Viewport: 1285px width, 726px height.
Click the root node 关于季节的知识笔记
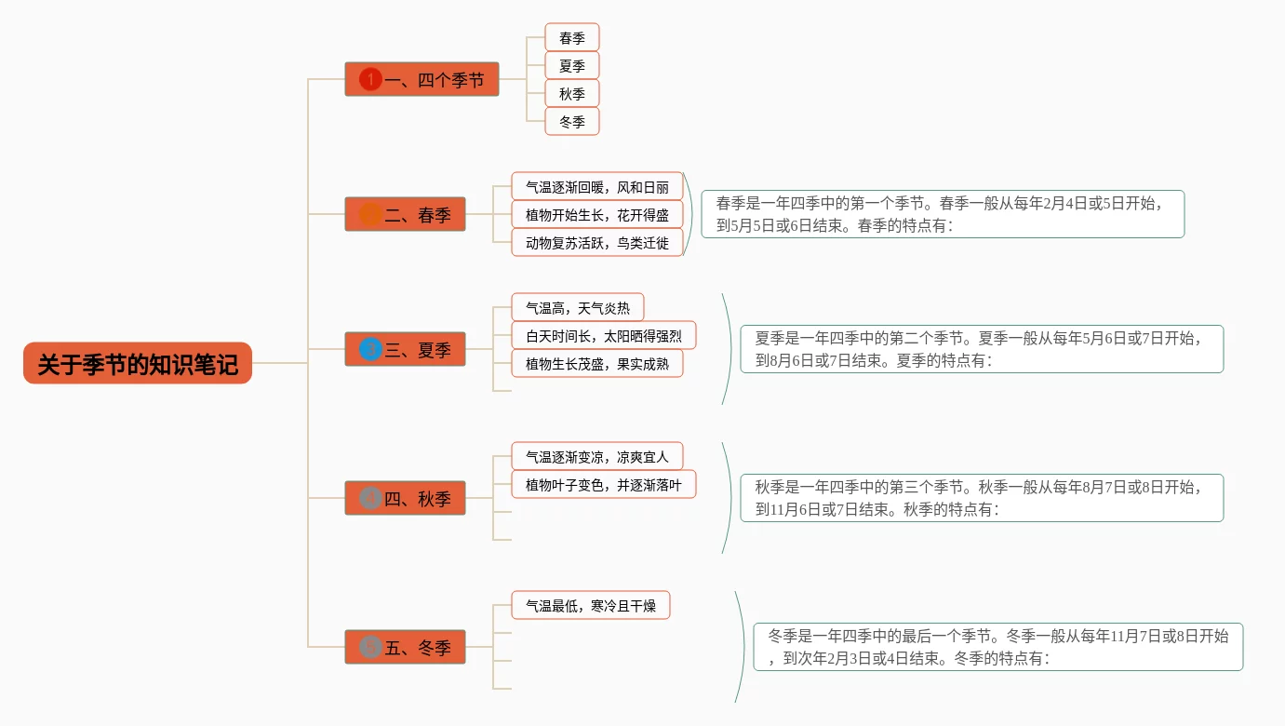138,363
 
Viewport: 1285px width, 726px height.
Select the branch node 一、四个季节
422,80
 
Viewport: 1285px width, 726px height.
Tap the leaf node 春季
572,38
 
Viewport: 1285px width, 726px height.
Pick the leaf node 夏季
572,66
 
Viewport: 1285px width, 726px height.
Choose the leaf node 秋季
572,94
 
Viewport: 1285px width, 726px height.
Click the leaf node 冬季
572,122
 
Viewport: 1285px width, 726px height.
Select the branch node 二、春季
406,215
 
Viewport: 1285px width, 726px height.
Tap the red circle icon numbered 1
370,80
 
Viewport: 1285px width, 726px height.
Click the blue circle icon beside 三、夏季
370,350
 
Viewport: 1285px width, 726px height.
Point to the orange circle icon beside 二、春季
370,215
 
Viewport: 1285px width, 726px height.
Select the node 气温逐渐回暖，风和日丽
597,187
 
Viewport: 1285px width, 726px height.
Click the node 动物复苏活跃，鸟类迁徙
597,243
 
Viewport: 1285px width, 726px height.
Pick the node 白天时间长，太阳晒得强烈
604,336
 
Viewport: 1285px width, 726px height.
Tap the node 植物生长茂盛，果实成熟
597,364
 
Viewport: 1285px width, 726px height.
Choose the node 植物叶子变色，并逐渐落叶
604,485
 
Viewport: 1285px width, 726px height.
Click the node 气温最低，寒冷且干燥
591,606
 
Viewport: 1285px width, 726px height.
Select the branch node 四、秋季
406,499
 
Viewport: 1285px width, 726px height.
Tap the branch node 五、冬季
406,648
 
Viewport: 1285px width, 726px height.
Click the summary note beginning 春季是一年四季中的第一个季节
943,214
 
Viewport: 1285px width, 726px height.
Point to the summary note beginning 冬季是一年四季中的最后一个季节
998,647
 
